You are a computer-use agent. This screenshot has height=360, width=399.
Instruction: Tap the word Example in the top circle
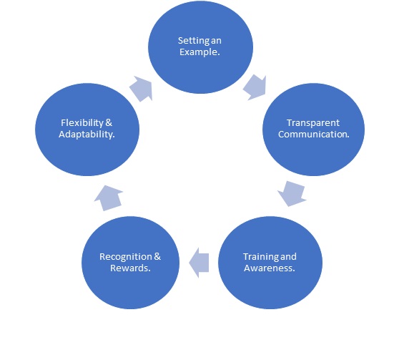point(199,52)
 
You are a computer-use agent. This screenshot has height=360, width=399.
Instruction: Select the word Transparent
point(313,123)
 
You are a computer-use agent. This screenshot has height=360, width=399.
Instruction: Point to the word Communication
point(312,135)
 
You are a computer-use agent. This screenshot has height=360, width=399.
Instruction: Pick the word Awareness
point(268,268)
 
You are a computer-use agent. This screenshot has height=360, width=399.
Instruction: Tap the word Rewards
point(129,268)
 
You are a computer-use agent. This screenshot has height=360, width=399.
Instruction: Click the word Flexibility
point(82,123)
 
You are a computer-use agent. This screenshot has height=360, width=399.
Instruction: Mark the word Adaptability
point(86,135)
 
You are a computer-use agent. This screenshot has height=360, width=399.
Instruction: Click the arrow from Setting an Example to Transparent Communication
point(255,87)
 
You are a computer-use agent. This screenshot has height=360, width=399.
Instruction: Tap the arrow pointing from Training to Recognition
point(199,263)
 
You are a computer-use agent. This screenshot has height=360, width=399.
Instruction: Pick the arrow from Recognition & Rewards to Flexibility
point(109,198)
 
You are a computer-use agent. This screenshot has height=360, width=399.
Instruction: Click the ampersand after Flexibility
point(109,123)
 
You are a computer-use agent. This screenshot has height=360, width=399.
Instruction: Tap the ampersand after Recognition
point(157,257)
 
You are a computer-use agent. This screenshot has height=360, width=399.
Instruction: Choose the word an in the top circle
point(216,41)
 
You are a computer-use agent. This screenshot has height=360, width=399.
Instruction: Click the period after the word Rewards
point(149,271)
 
